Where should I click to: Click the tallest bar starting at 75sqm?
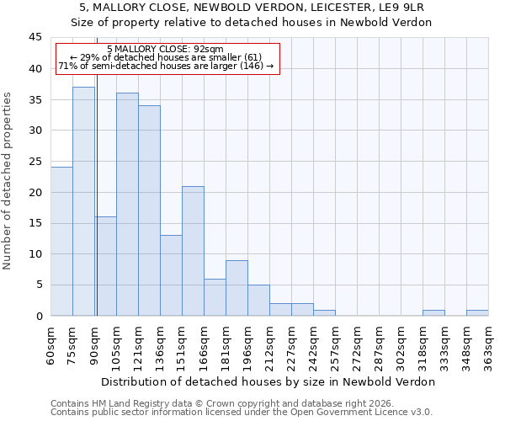[83, 201]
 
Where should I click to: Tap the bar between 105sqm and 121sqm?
[127, 205]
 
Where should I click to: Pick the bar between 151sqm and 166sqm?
[193, 251]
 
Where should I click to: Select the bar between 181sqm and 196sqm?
[237, 288]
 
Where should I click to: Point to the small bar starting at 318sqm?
[433, 312]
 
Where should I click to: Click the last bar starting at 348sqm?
[477, 312]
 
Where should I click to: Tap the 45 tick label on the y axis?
[35, 38]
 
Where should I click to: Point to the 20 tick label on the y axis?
[35, 192]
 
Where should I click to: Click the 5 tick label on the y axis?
[38, 285]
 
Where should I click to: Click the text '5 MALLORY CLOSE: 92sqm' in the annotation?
[166, 50]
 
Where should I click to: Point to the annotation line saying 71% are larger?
[166, 66]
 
